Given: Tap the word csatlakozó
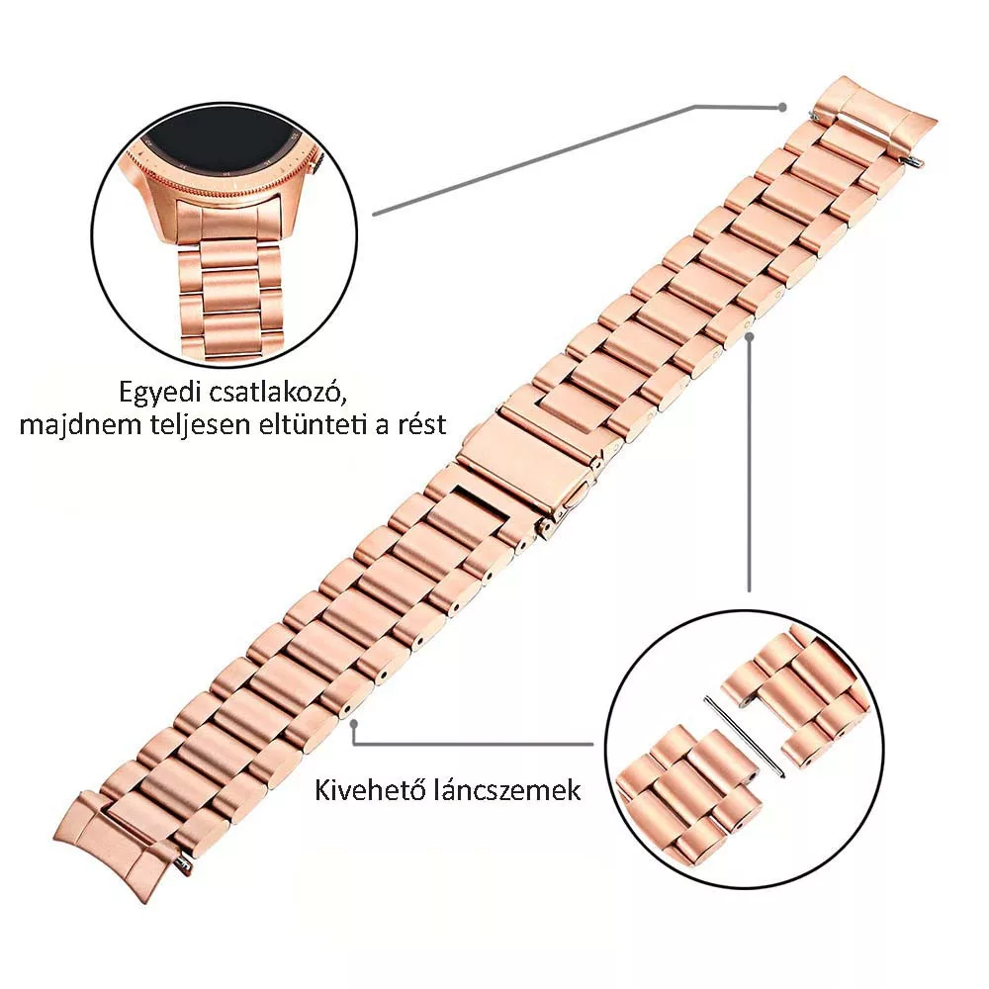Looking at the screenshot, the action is click(x=276, y=393).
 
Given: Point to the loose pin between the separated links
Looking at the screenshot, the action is click(x=745, y=736).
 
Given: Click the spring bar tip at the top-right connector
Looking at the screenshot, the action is click(x=915, y=163).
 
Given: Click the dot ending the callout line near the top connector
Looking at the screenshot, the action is click(x=782, y=107).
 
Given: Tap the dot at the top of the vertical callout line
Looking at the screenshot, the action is click(x=750, y=336).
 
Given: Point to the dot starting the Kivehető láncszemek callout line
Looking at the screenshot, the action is click(x=354, y=724).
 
